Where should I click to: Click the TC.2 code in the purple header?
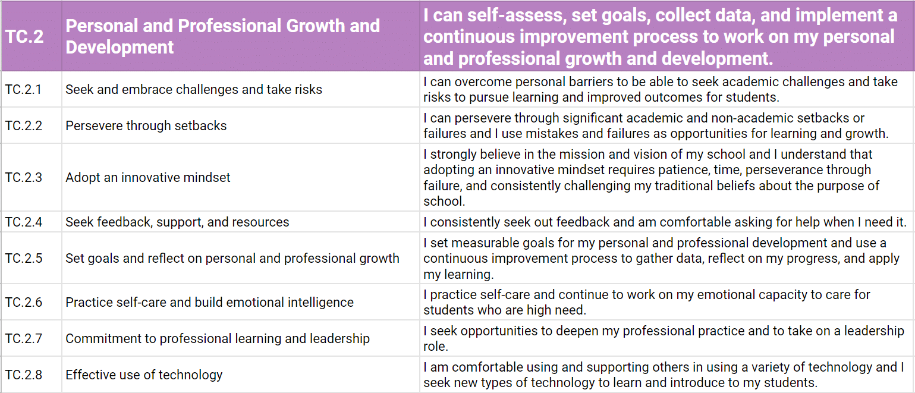tap(24, 36)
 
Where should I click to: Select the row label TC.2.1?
tap(23, 89)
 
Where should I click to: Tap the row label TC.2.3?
tap(23, 177)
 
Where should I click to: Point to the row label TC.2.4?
tap(23, 222)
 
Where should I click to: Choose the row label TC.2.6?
tap(23, 302)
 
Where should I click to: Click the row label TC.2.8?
tap(23, 375)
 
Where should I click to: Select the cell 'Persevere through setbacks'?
tap(146, 125)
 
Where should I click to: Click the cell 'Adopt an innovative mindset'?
tap(148, 177)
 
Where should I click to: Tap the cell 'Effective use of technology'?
tap(144, 375)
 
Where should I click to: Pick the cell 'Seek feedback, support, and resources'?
tap(177, 222)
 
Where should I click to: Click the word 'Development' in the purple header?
tap(120, 48)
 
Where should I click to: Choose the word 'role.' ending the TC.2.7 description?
tap(436, 347)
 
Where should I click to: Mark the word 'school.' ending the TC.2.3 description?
tap(444, 201)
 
